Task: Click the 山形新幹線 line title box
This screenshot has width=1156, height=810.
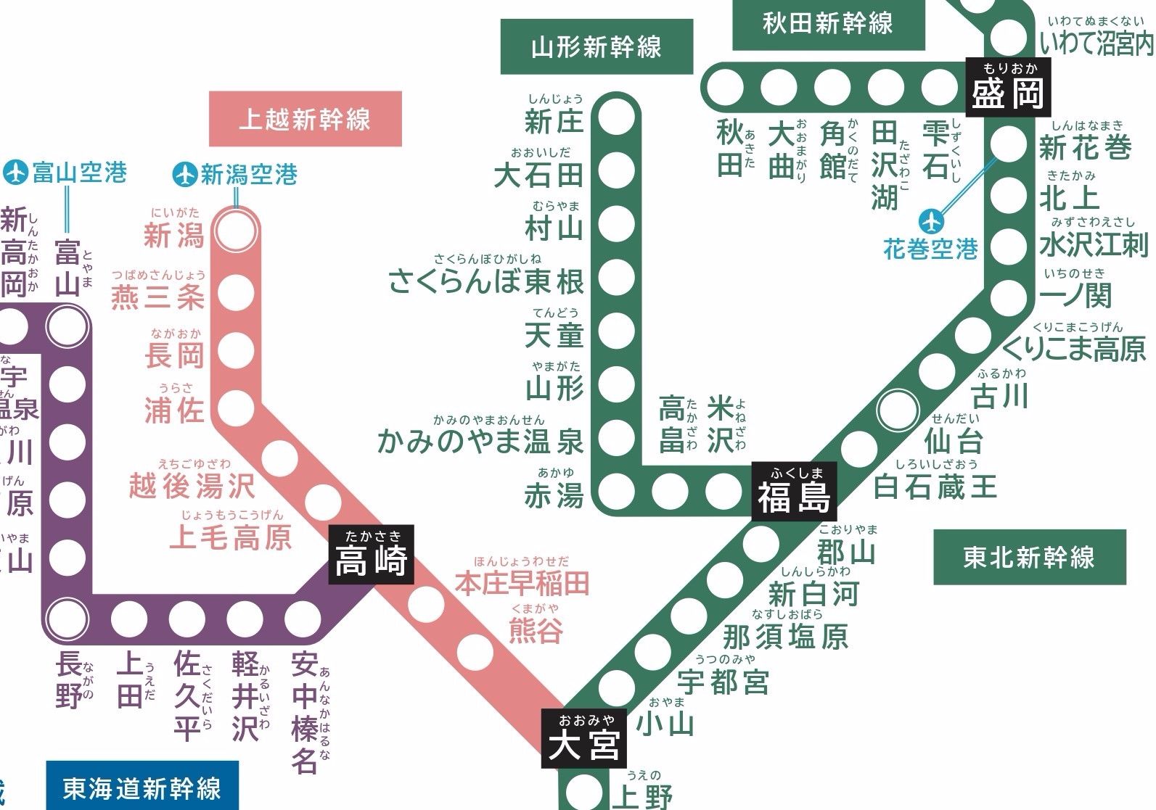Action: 597,47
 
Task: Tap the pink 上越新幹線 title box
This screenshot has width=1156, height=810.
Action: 305,119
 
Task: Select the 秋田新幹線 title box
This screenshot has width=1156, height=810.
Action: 828,24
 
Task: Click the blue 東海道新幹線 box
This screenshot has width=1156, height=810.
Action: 142,788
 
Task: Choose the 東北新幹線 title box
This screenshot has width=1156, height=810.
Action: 1028,557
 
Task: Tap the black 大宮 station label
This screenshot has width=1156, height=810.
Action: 584,739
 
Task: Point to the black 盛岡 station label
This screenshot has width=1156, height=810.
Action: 1009,88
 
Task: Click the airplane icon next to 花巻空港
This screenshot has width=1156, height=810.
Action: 931,220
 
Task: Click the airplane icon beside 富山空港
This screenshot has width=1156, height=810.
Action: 15,173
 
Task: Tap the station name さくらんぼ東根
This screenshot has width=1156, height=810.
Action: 486,281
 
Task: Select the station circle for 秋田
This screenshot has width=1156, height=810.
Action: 726,88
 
